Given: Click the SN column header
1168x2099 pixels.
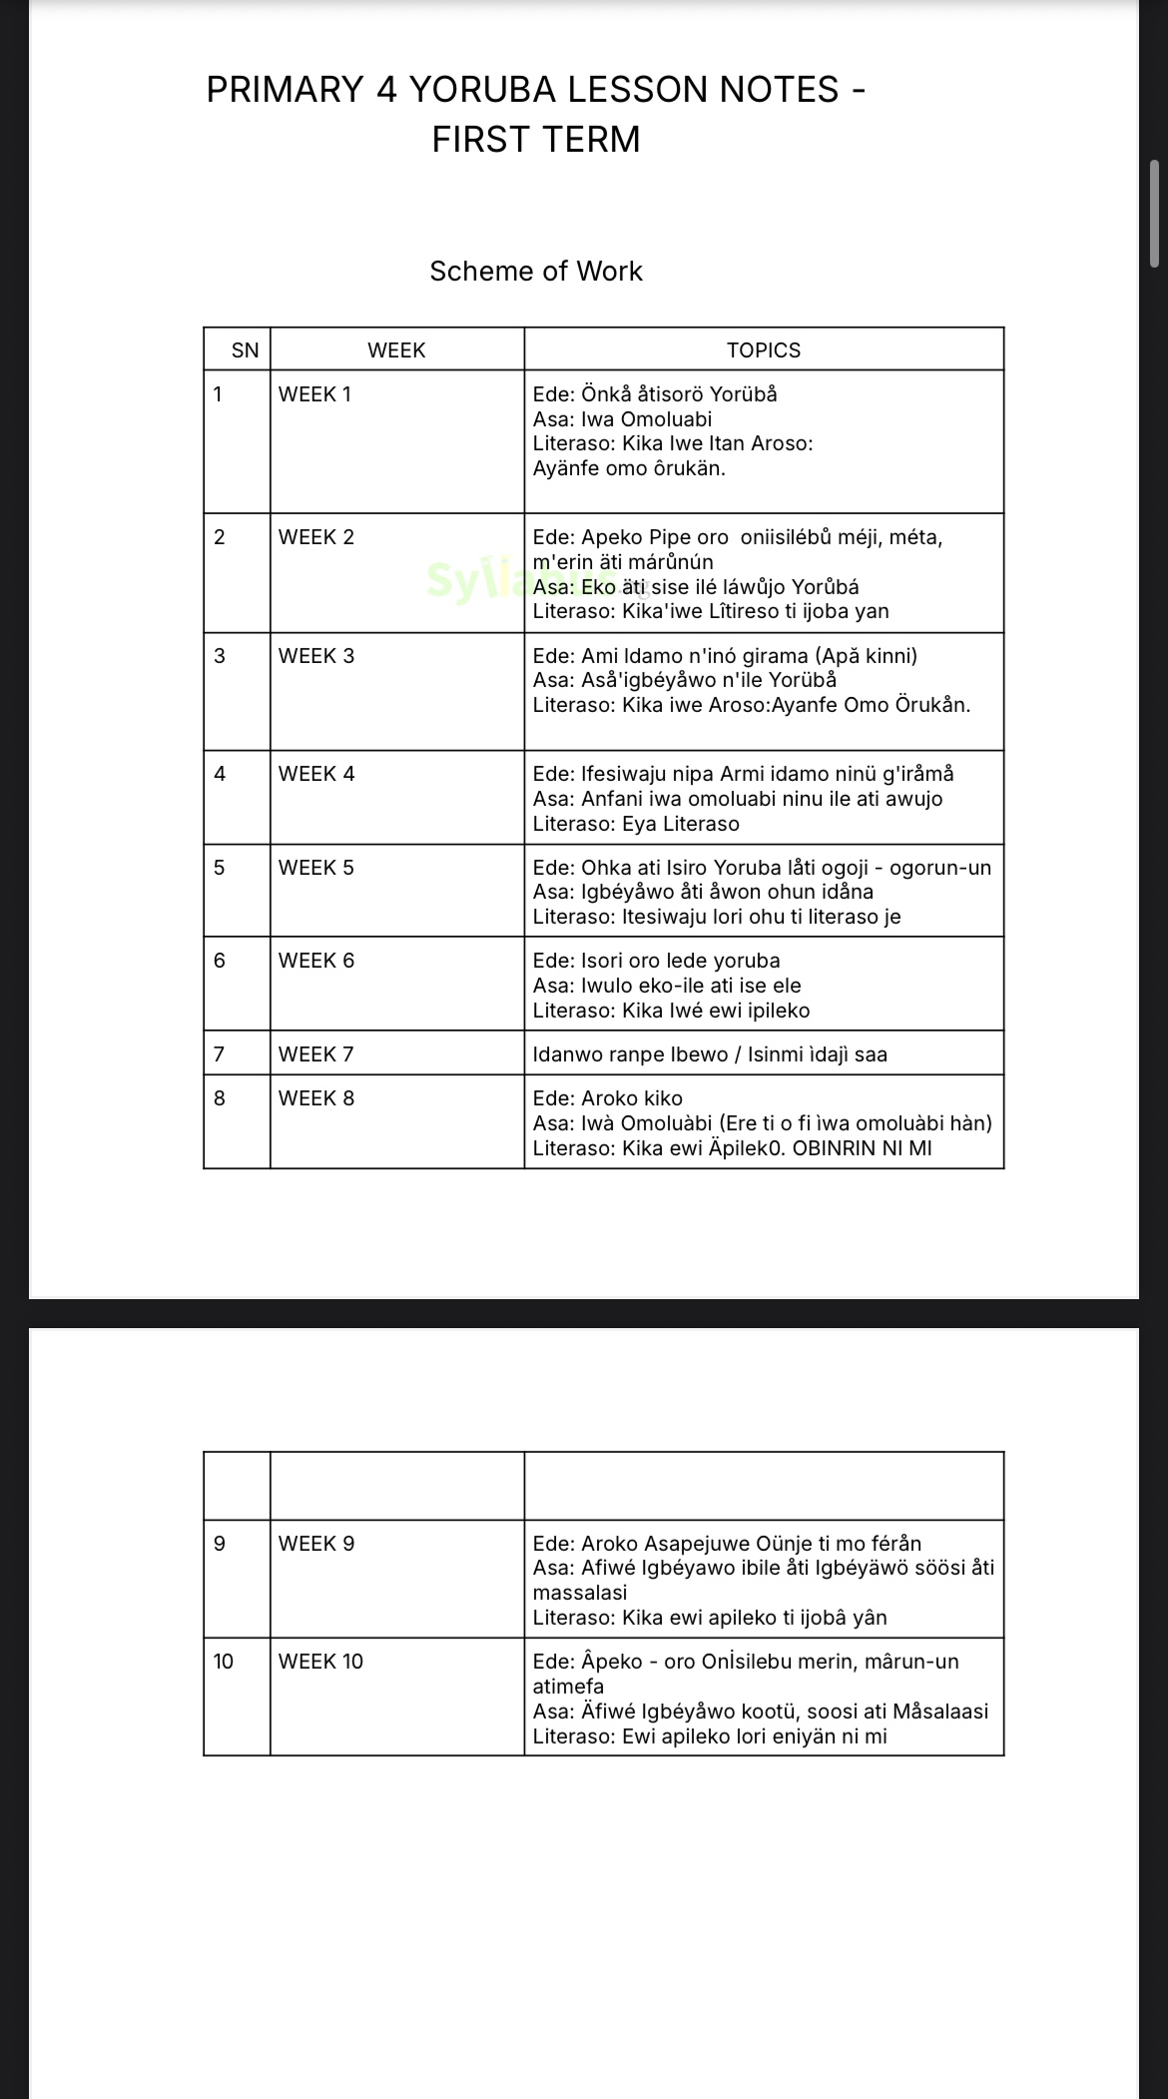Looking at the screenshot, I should [x=245, y=350].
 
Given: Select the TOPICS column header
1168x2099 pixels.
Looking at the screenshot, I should [x=764, y=350].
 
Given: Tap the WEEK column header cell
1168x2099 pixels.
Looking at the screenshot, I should [x=396, y=350].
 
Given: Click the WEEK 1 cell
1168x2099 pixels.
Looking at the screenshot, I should [x=315, y=394].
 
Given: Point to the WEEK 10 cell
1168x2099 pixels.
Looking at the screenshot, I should [x=320, y=1662].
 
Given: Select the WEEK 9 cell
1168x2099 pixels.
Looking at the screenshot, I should [x=316, y=1544].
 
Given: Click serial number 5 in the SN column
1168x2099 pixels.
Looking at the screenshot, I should [x=220, y=868].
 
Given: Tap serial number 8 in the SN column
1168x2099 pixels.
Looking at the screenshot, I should [x=220, y=1098].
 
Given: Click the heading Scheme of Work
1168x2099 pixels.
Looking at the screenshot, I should [x=536, y=272].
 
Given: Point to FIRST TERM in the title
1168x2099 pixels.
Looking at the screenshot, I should [x=536, y=140].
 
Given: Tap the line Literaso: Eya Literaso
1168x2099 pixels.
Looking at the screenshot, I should [x=636, y=824].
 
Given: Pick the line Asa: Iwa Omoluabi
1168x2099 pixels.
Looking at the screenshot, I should [x=622, y=419].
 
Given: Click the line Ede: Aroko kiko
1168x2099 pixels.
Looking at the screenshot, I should [x=608, y=1098].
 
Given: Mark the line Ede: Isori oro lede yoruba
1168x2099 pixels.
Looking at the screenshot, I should [x=656, y=961].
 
